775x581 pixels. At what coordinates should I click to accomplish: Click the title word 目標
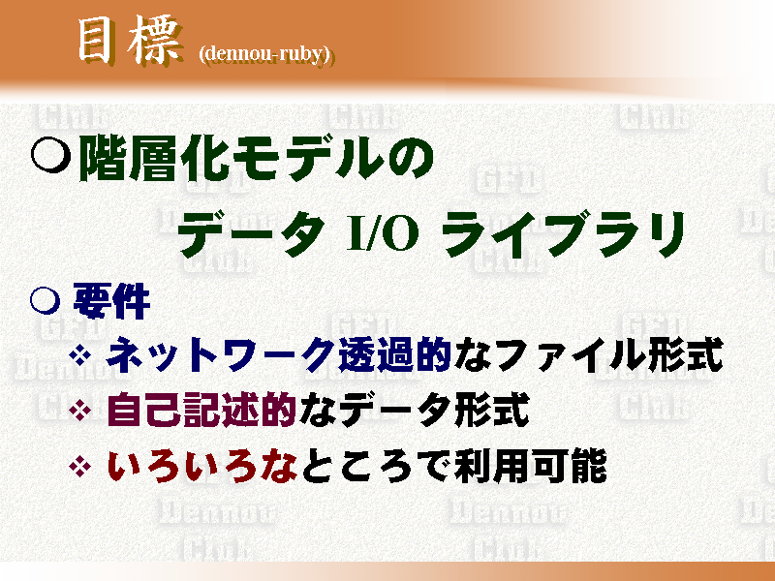pyautogui.click(x=130, y=42)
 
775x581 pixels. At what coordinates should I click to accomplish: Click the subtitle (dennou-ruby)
pyautogui.click(x=264, y=54)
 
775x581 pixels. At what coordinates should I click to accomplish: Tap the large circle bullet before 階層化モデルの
pyautogui.click(x=50, y=154)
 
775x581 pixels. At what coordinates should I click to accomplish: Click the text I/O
pyautogui.click(x=382, y=234)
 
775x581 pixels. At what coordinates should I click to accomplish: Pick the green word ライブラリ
pyautogui.click(x=563, y=233)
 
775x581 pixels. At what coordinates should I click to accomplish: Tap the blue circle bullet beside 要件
pyautogui.click(x=45, y=300)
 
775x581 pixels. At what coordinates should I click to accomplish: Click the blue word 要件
pyautogui.click(x=111, y=301)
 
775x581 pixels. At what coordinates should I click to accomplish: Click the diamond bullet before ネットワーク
pyautogui.click(x=80, y=354)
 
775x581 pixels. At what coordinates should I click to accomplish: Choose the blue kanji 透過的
pyautogui.click(x=394, y=354)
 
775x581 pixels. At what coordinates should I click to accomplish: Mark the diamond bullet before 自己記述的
pyautogui.click(x=80, y=410)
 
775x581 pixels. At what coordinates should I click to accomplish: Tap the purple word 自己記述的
pyautogui.click(x=201, y=410)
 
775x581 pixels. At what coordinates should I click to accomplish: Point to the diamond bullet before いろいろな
pyautogui.click(x=80, y=466)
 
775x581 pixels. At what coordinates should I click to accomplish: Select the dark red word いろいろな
pyautogui.click(x=202, y=466)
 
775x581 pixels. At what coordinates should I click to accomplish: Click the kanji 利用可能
pyautogui.click(x=531, y=466)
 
